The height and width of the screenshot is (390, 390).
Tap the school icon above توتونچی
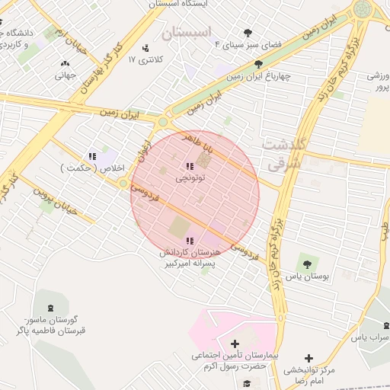tap(188, 167)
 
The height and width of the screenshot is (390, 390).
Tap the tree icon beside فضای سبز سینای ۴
tap(248, 33)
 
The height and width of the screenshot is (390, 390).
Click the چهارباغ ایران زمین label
tap(260, 77)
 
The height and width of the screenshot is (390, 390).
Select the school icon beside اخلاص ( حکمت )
tap(92, 157)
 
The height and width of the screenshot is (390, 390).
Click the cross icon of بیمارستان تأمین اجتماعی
tap(235, 344)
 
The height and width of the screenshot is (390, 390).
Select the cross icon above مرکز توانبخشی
tap(308, 358)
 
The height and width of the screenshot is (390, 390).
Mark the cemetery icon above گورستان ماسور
tap(51, 308)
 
